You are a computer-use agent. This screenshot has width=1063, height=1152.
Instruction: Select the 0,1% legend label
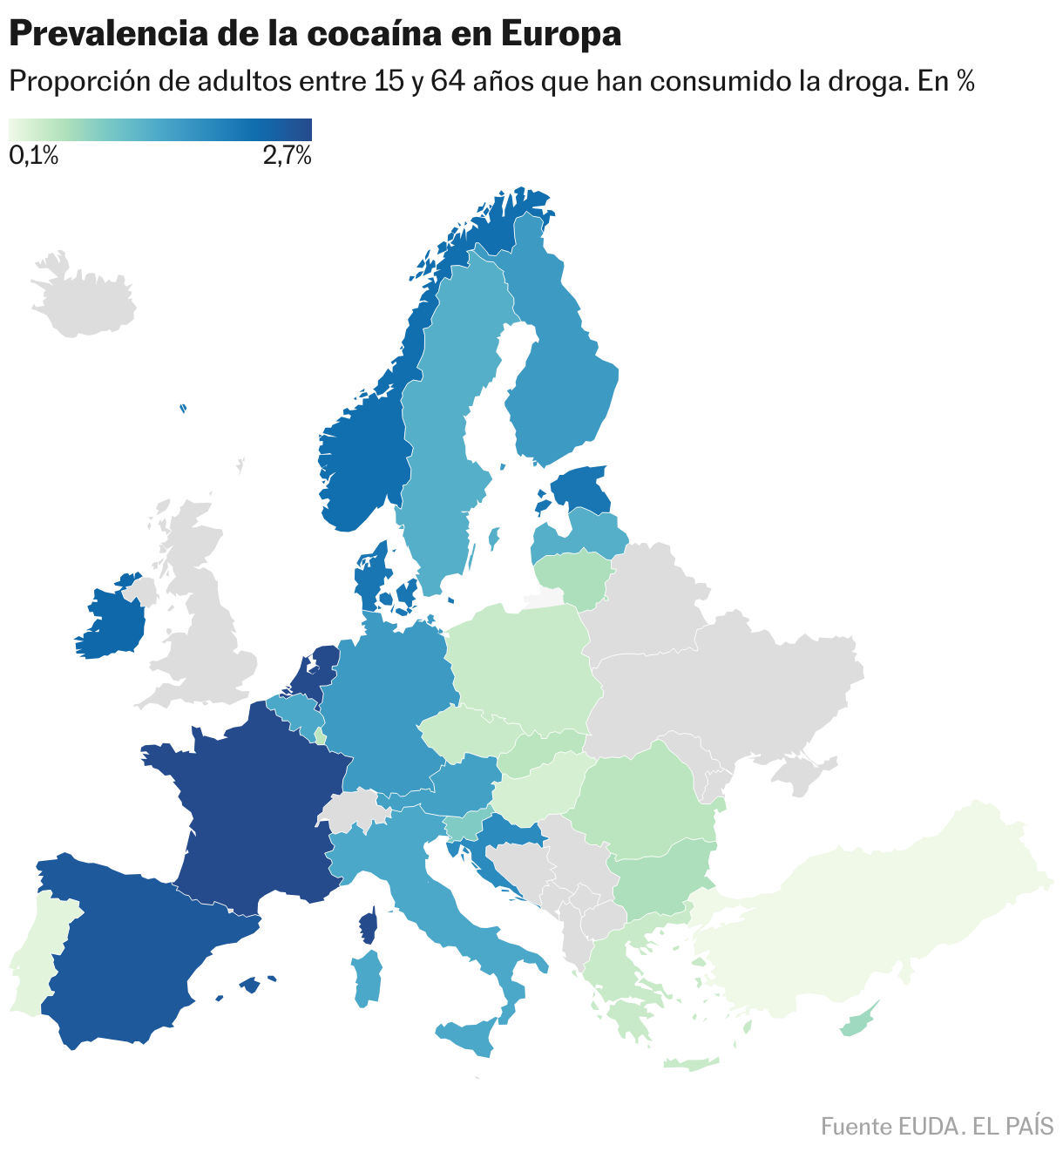click(x=34, y=157)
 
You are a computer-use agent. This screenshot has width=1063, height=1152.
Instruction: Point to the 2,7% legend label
click(x=286, y=157)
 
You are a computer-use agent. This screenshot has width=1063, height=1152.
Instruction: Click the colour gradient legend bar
click(x=160, y=129)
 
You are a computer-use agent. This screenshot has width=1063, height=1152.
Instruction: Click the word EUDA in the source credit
click(x=928, y=1126)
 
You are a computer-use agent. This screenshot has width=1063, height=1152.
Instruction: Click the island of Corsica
click(x=369, y=925)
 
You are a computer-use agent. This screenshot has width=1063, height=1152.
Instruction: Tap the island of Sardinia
click(x=368, y=978)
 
